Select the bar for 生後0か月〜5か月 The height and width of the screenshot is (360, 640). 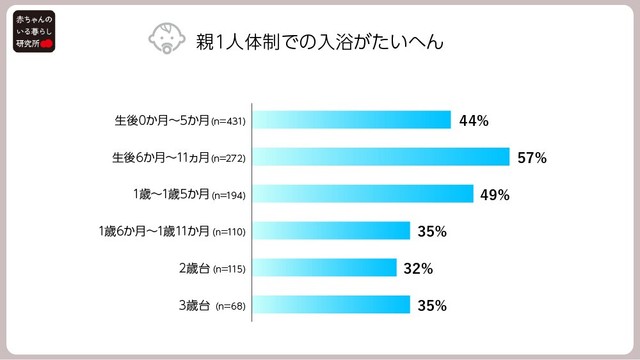[x=351, y=121]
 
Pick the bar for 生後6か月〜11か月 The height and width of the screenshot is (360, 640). [x=381, y=157]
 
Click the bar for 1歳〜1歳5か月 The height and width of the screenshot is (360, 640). [x=362, y=194]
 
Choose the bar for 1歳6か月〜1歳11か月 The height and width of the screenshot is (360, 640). [x=331, y=231]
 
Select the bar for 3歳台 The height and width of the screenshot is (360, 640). [x=331, y=304]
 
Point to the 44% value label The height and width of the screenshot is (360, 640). [x=473, y=121]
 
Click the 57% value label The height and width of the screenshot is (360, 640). [x=532, y=157]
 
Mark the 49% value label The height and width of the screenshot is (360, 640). [x=495, y=194]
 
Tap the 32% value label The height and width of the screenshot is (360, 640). [x=418, y=267]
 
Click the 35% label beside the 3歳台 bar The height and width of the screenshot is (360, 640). [x=432, y=304]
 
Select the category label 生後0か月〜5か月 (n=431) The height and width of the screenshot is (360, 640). [x=180, y=121]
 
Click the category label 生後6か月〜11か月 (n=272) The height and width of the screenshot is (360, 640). [x=180, y=157]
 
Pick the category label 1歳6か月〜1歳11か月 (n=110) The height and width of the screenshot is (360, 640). [x=172, y=231]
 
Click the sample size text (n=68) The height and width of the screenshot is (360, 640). [x=231, y=305]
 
